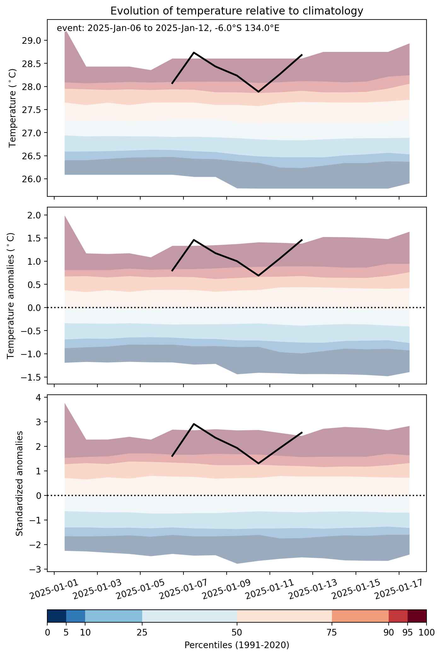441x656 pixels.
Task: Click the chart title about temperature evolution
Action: (x=237, y=11)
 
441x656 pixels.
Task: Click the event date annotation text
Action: (x=168, y=28)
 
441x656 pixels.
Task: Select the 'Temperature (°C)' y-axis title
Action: (x=12, y=108)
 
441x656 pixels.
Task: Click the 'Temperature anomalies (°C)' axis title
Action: (x=11, y=296)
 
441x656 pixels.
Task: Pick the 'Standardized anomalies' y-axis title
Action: (x=20, y=483)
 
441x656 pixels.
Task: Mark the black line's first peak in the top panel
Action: (x=194, y=52)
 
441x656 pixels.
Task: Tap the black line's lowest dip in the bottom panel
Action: (x=258, y=463)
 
